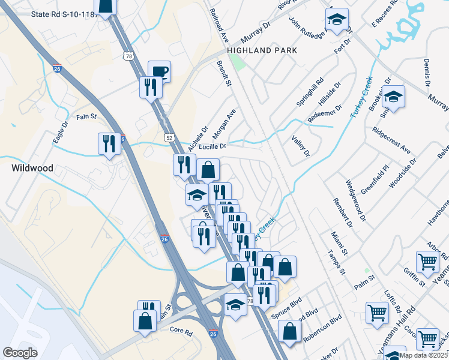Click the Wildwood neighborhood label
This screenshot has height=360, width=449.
tap(32, 169)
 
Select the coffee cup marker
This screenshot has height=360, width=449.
tap(159, 72)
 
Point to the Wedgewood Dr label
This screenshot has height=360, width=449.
tap(355, 202)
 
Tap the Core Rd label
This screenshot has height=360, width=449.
tap(180, 331)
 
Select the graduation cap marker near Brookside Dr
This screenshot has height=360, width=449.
tap(393, 97)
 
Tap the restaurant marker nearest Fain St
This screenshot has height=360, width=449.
tap(109, 144)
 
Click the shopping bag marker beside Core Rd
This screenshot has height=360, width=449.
tap(145, 322)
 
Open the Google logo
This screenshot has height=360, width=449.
tap(20, 353)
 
